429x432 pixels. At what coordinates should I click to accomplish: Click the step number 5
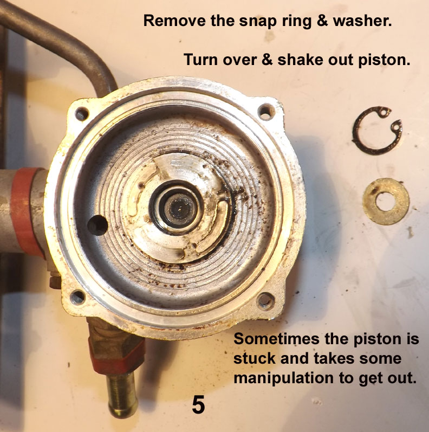198,405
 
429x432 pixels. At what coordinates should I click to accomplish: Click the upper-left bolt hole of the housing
82,114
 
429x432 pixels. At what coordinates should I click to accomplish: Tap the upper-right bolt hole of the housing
266,112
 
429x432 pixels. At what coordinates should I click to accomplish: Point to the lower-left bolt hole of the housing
77,298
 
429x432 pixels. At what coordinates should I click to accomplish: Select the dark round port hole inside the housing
97,225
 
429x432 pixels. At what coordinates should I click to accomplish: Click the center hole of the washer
386,202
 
